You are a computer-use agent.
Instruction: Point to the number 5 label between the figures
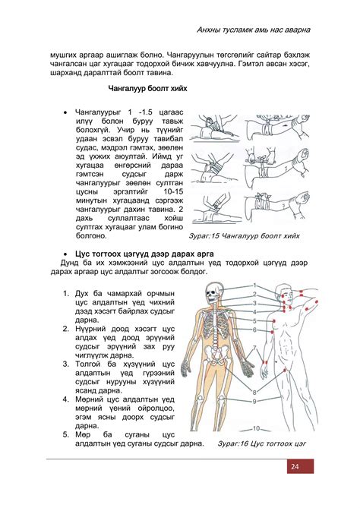coord(255,321)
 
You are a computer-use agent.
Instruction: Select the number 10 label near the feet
coord(257,428)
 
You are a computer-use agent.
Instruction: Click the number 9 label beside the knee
coord(255,400)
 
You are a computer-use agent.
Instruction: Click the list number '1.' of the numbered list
coord(67,293)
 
